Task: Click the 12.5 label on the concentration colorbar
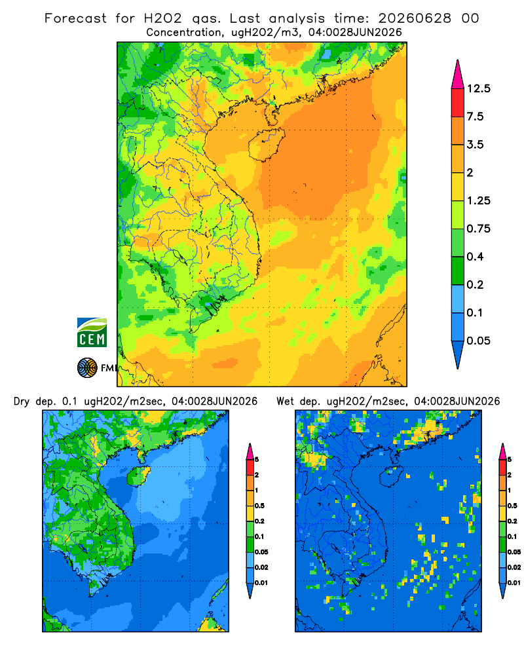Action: tap(478, 88)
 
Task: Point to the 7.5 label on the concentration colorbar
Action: tap(475, 117)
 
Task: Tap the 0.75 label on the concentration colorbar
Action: tap(478, 229)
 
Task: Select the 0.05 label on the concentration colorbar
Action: tap(478, 341)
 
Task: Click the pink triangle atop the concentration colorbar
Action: tap(458, 75)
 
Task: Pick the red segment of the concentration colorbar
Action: tap(458, 103)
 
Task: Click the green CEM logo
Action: tap(92, 333)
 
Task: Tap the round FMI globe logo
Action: tap(87, 368)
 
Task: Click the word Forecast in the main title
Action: tap(75, 18)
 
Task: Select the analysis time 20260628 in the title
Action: tap(415, 18)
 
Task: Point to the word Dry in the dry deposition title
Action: tap(22, 402)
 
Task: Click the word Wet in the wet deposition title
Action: tap(285, 402)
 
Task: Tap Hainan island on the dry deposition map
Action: tap(138, 476)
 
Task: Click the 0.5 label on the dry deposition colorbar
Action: tap(259, 506)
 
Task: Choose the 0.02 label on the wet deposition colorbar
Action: tap(514, 567)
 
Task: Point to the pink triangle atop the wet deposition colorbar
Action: tap(502, 451)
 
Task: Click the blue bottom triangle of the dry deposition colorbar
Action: tap(250, 590)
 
